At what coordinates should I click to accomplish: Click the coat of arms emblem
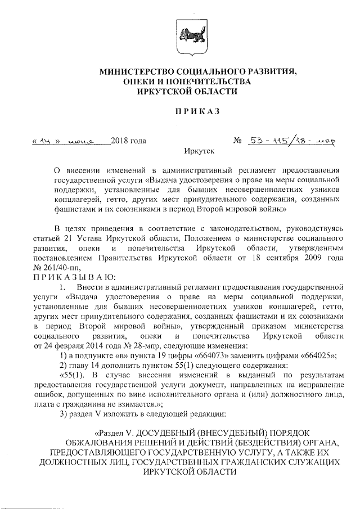(187, 34)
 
